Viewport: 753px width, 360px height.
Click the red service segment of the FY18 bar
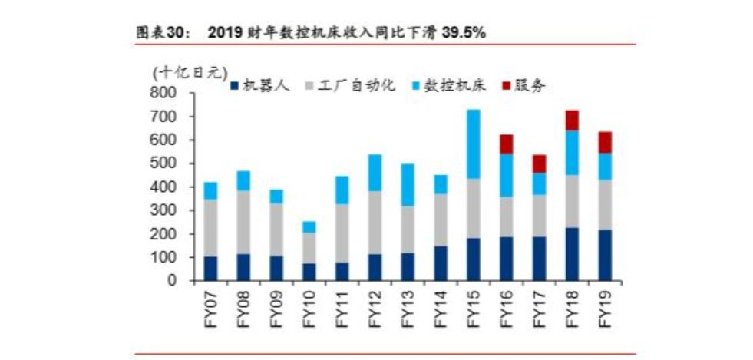pyautogui.click(x=571, y=120)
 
